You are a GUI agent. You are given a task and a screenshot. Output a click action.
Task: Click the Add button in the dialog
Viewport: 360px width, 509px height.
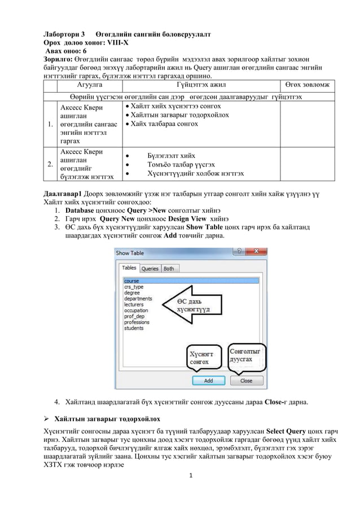tap(208, 381)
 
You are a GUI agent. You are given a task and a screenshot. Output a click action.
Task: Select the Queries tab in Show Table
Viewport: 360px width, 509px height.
tap(150, 269)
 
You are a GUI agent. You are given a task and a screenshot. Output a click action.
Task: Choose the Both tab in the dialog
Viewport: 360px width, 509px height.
tap(169, 269)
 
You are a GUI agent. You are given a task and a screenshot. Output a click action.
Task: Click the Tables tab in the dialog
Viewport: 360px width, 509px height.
tap(130, 268)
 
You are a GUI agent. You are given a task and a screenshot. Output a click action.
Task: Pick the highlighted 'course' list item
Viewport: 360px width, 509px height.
tap(131, 280)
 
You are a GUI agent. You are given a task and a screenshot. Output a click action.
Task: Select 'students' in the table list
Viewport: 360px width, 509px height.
tap(134, 328)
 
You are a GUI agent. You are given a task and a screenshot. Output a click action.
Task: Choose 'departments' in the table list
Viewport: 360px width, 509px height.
tap(138, 298)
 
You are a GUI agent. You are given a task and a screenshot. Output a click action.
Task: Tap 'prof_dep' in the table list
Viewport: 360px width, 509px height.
tap(134, 316)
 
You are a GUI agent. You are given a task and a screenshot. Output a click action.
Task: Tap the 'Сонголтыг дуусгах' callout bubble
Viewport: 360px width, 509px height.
tap(245, 355)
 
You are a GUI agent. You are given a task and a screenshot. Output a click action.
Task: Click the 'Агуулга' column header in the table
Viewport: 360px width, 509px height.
tap(85, 85)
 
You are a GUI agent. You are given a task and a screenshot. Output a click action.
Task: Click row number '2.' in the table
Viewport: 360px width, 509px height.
tap(51, 165)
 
